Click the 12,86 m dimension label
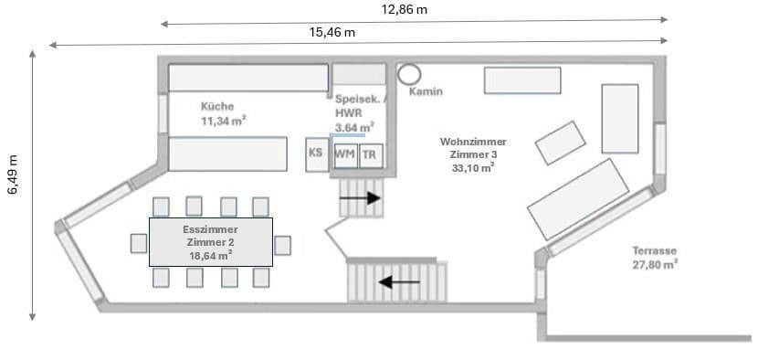pos(405,10)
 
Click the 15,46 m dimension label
pos(332,33)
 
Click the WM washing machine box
pos(345,154)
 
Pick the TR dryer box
pos(369,155)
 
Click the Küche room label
pos(217,106)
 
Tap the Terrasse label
pos(654,250)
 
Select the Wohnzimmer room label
pos(473,142)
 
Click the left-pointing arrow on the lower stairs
pos(399,282)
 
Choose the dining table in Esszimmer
pos(211,242)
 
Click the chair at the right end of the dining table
pos(282,245)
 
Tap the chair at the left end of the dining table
pos(139,243)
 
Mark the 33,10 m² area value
pos(473,168)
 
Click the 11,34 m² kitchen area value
pos(224,120)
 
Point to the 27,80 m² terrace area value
pos(655,264)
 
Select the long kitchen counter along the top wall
pos(247,78)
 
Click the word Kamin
pos(426,92)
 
